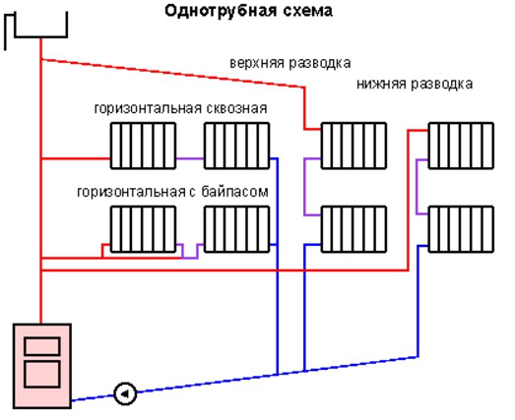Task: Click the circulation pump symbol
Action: point(125,393)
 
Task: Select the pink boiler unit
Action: point(42,366)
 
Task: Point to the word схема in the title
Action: point(306,12)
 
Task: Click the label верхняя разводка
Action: point(290,63)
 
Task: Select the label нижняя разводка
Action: point(415,84)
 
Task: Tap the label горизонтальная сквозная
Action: point(180,108)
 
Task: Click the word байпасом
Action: point(234,191)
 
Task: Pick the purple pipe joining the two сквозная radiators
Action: point(190,158)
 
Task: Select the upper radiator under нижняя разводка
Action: point(461,146)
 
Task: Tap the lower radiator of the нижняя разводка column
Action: point(461,229)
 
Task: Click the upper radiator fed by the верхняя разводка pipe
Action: point(354,146)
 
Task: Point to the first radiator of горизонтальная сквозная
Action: point(143,146)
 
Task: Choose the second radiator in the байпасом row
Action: point(236,229)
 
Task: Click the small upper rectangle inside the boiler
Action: point(42,346)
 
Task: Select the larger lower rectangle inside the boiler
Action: point(42,375)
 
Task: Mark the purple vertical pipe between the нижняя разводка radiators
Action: point(417,187)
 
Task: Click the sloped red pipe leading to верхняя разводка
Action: point(172,73)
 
